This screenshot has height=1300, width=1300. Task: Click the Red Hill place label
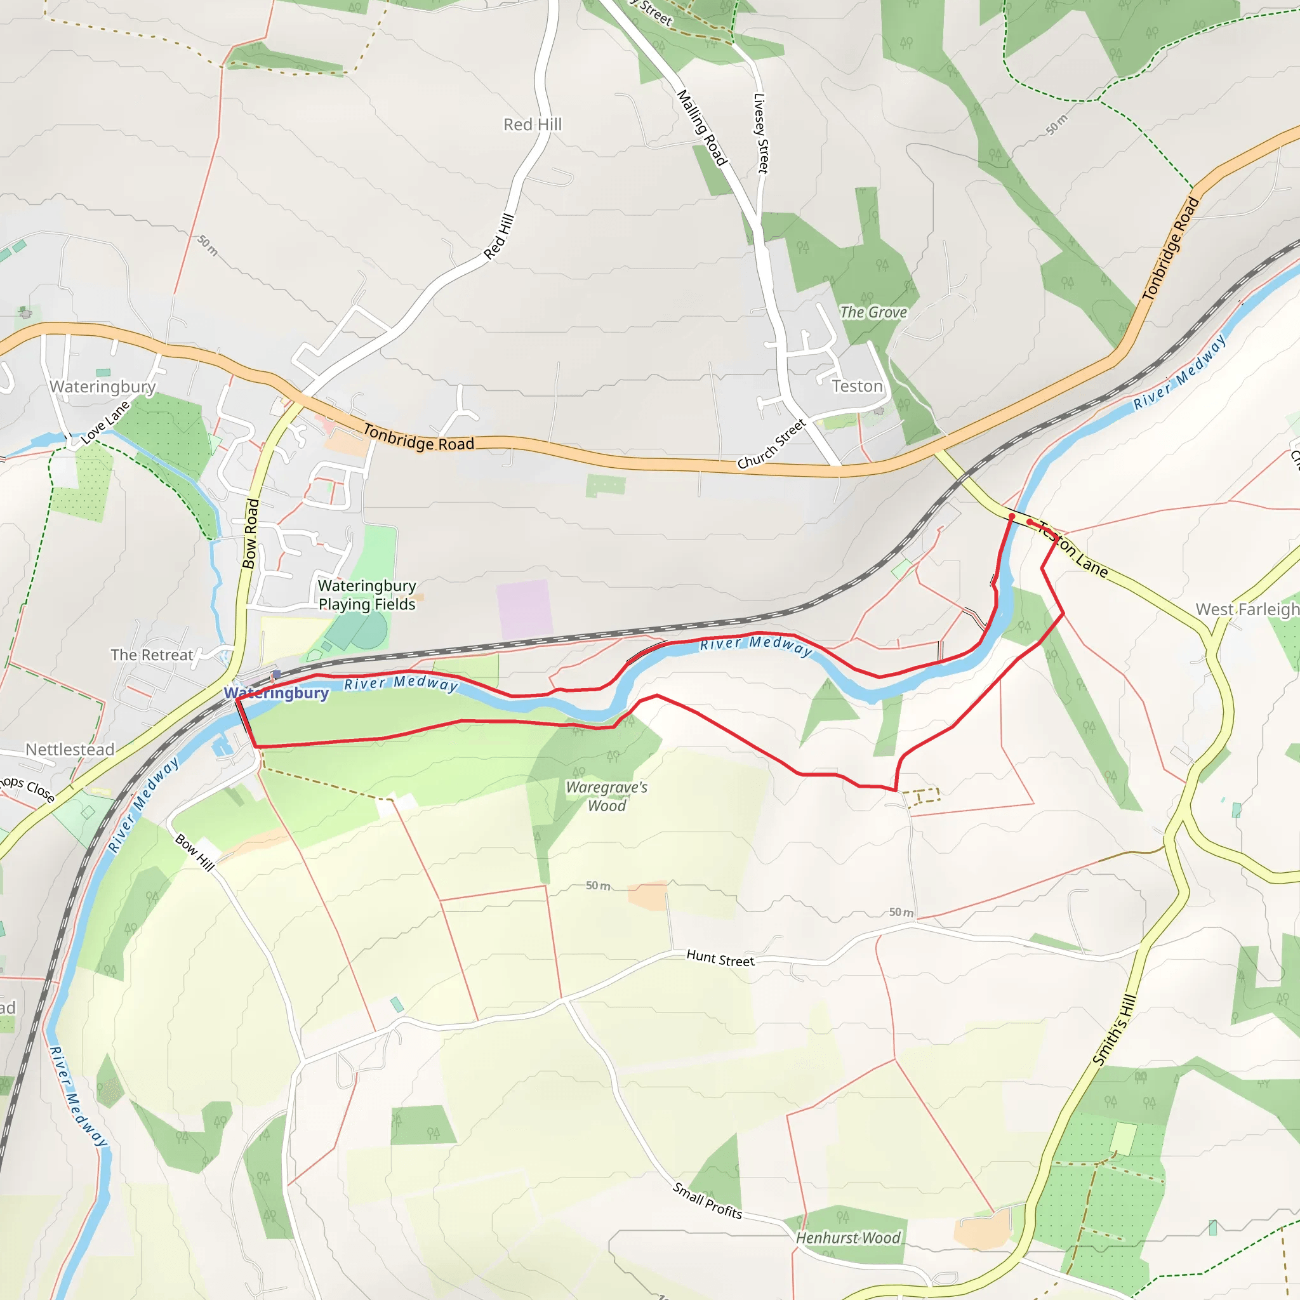coord(532,124)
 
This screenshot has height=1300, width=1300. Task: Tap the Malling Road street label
coord(702,128)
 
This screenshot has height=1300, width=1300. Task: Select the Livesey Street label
coord(760,133)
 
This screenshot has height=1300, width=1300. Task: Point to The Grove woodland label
coord(873,312)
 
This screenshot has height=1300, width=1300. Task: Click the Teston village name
coord(856,386)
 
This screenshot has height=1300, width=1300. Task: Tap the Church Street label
coord(771,444)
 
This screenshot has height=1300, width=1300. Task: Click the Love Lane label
coord(105,423)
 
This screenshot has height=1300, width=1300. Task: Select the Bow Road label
coord(250,534)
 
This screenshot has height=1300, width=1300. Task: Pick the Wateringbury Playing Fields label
coord(367,595)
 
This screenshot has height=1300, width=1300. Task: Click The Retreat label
coord(152,654)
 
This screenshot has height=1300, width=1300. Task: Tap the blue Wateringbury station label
coord(276,693)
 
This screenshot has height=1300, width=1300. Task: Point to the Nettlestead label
coord(70,749)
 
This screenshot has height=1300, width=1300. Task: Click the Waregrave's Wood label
coord(606,796)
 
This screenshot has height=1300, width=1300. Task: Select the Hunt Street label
coord(720,958)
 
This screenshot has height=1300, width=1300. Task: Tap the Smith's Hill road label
coord(1113,1030)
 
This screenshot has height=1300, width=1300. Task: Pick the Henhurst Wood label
coord(847,1237)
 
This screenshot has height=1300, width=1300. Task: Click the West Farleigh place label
coord(1247,609)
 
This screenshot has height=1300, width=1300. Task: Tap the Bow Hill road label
coord(194,852)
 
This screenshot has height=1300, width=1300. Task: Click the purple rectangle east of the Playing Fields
coord(524,609)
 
